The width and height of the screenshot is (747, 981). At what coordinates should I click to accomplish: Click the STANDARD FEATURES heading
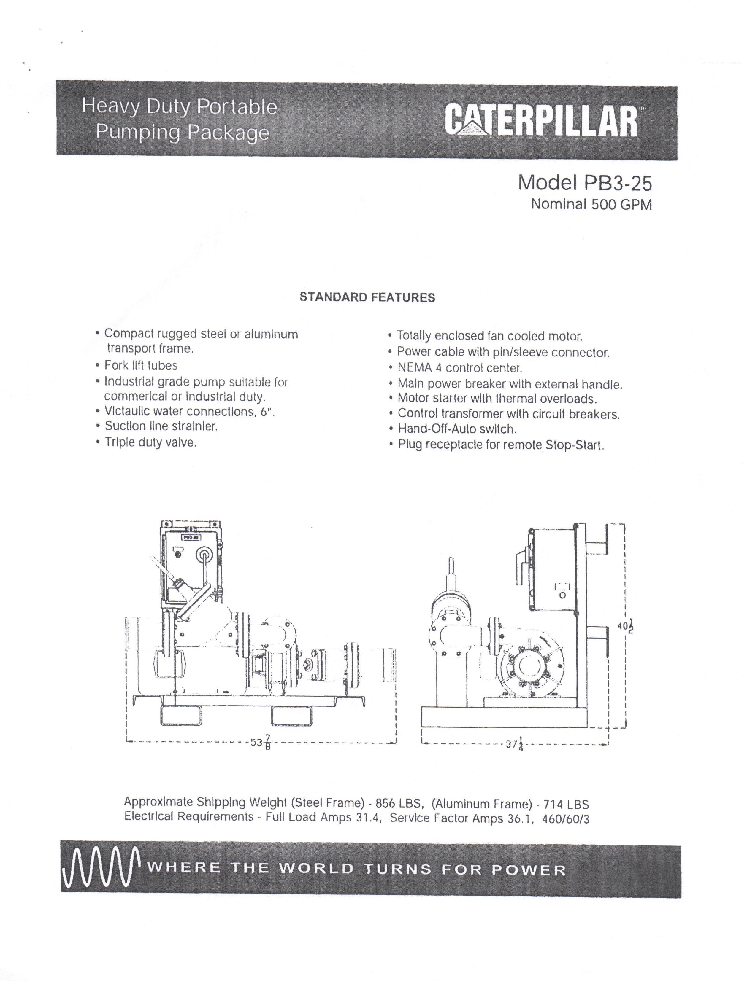tap(367, 298)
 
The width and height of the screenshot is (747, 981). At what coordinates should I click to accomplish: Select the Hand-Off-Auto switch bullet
tap(457, 429)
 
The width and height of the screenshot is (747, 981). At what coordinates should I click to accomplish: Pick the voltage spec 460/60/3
tap(566, 819)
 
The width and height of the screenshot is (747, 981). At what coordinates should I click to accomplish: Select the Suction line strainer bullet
tap(161, 426)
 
